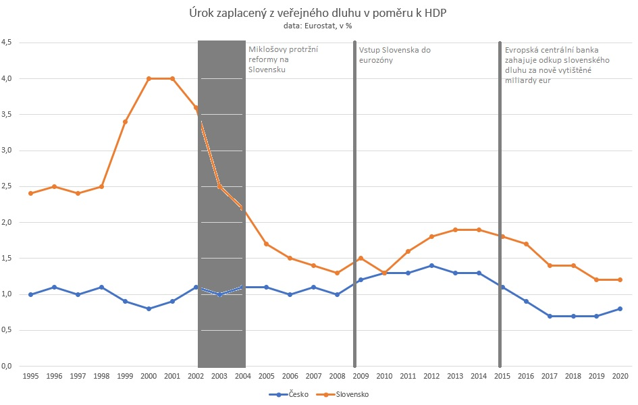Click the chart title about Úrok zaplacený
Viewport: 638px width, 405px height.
point(318,13)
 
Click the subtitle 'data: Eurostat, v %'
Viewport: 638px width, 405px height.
point(318,26)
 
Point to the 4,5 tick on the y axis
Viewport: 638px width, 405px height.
point(11,43)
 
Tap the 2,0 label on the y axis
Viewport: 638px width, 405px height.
point(11,222)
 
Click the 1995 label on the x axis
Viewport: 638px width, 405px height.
point(30,375)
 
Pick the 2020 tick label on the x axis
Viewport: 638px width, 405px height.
point(620,375)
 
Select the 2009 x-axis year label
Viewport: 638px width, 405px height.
point(361,375)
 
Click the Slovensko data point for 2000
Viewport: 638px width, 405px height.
point(149,78)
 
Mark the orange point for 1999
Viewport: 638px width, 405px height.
point(125,122)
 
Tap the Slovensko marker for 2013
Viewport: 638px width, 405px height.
point(455,230)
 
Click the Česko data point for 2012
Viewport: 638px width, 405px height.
point(431,265)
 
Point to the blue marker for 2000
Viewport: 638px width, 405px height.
point(149,308)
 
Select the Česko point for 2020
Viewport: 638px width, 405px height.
point(620,308)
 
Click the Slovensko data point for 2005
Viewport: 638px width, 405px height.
point(266,244)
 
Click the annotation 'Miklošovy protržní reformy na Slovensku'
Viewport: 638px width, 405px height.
point(284,59)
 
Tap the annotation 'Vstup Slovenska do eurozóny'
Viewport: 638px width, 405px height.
point(394,55)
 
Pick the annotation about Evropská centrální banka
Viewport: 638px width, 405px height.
point(557,65)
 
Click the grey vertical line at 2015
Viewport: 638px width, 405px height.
point(500,202)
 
